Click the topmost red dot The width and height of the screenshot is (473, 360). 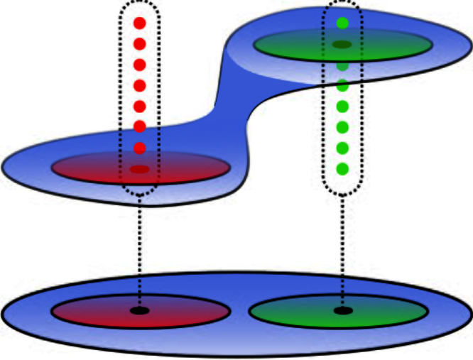pos(139,23)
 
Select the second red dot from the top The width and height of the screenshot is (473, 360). pos(139,44)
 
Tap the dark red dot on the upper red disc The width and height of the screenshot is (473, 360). pos(139,170)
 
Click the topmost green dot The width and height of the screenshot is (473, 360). pos(342,23)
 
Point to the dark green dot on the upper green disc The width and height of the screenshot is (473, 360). pos(342,45)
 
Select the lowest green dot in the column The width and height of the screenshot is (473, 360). pos(342,169)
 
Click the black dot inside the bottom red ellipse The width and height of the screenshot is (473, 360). pos(139,311)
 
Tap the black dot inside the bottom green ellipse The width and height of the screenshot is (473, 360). pos(342,310)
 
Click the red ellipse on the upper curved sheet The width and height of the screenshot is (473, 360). pos(192,168)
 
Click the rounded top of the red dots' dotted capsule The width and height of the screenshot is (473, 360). pos(139,3)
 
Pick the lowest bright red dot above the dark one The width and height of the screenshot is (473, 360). pos(139,148)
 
